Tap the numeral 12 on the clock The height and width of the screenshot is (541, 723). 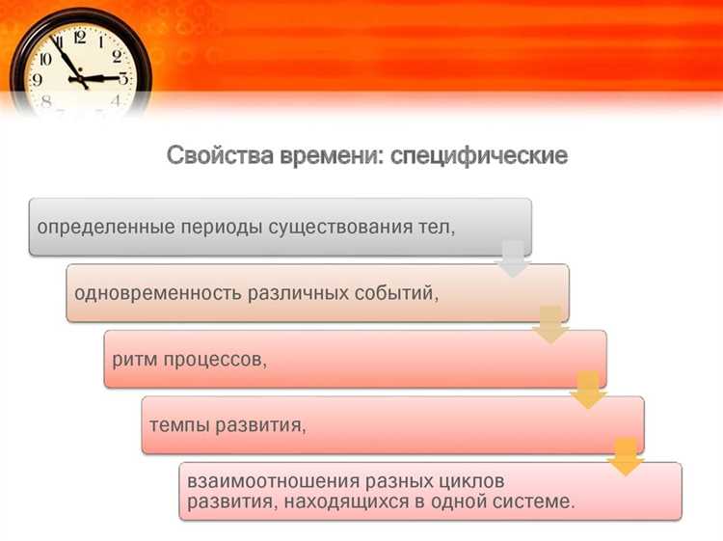point(78,38)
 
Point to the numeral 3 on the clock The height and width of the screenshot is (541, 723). point(122,78)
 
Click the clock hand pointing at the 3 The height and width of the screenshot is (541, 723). point(104,77)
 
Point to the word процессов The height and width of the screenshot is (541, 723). point(217,359)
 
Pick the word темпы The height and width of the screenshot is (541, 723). point(180,424)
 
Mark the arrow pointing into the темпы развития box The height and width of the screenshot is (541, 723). point(587,391)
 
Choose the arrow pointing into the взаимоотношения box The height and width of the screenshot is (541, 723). point(626,457)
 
